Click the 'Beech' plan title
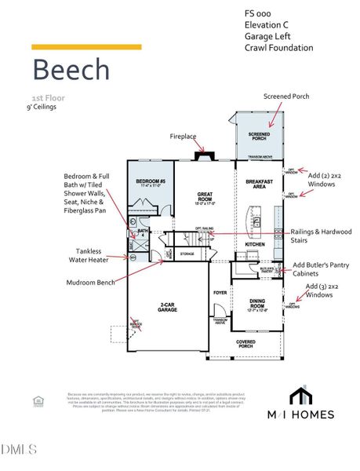pos(71,70)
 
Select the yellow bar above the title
pos(86,47)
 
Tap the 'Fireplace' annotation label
pos(183,136)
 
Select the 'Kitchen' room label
pos(256,245)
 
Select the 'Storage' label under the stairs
pos(187,254)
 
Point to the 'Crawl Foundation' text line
pos(278,49)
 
